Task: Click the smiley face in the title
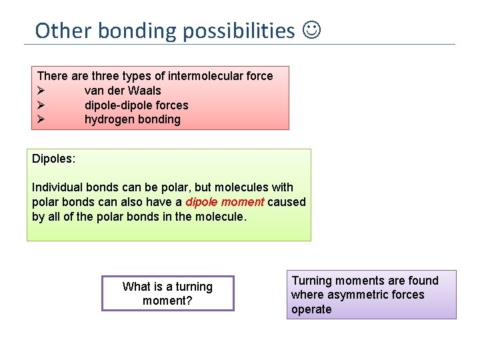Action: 311,30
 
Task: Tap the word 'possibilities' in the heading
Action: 238,31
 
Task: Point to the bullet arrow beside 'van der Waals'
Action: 41,91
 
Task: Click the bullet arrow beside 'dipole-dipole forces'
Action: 41,105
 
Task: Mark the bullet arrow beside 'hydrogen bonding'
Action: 41,120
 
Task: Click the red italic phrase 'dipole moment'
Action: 225,202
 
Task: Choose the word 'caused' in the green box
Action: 287,202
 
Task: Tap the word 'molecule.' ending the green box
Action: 223,217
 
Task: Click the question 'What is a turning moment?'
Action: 167,293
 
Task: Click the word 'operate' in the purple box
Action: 311,309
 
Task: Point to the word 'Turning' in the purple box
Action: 313,281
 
